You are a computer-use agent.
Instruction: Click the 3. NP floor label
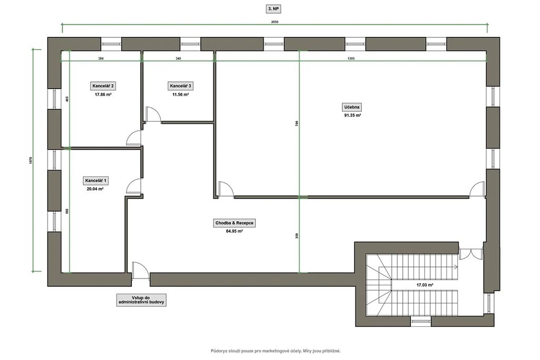point(274,9)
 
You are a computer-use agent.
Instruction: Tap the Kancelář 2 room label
point(103,86)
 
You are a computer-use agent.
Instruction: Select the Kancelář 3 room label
point(180,86)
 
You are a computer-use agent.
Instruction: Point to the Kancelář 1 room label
point(95,180)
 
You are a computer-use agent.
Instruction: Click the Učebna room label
point(352,107)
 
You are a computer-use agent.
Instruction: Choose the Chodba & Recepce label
point(234,223)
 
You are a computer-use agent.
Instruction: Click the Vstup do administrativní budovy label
point(141,300)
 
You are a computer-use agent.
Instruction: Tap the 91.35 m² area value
point(352,115)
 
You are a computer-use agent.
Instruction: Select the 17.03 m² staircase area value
point(425,285)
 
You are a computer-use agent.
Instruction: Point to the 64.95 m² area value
point(234,231)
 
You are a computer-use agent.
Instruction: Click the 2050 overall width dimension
point(274,22)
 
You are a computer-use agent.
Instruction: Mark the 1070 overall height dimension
point(31,160)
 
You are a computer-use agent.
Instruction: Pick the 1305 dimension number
point(351,59)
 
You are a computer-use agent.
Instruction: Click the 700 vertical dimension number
point(297,123)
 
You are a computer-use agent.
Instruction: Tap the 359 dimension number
point(297,236)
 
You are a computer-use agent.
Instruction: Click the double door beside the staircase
point(471,254)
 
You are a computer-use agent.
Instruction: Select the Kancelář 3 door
point(152,114)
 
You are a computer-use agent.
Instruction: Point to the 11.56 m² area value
point(180,94)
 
